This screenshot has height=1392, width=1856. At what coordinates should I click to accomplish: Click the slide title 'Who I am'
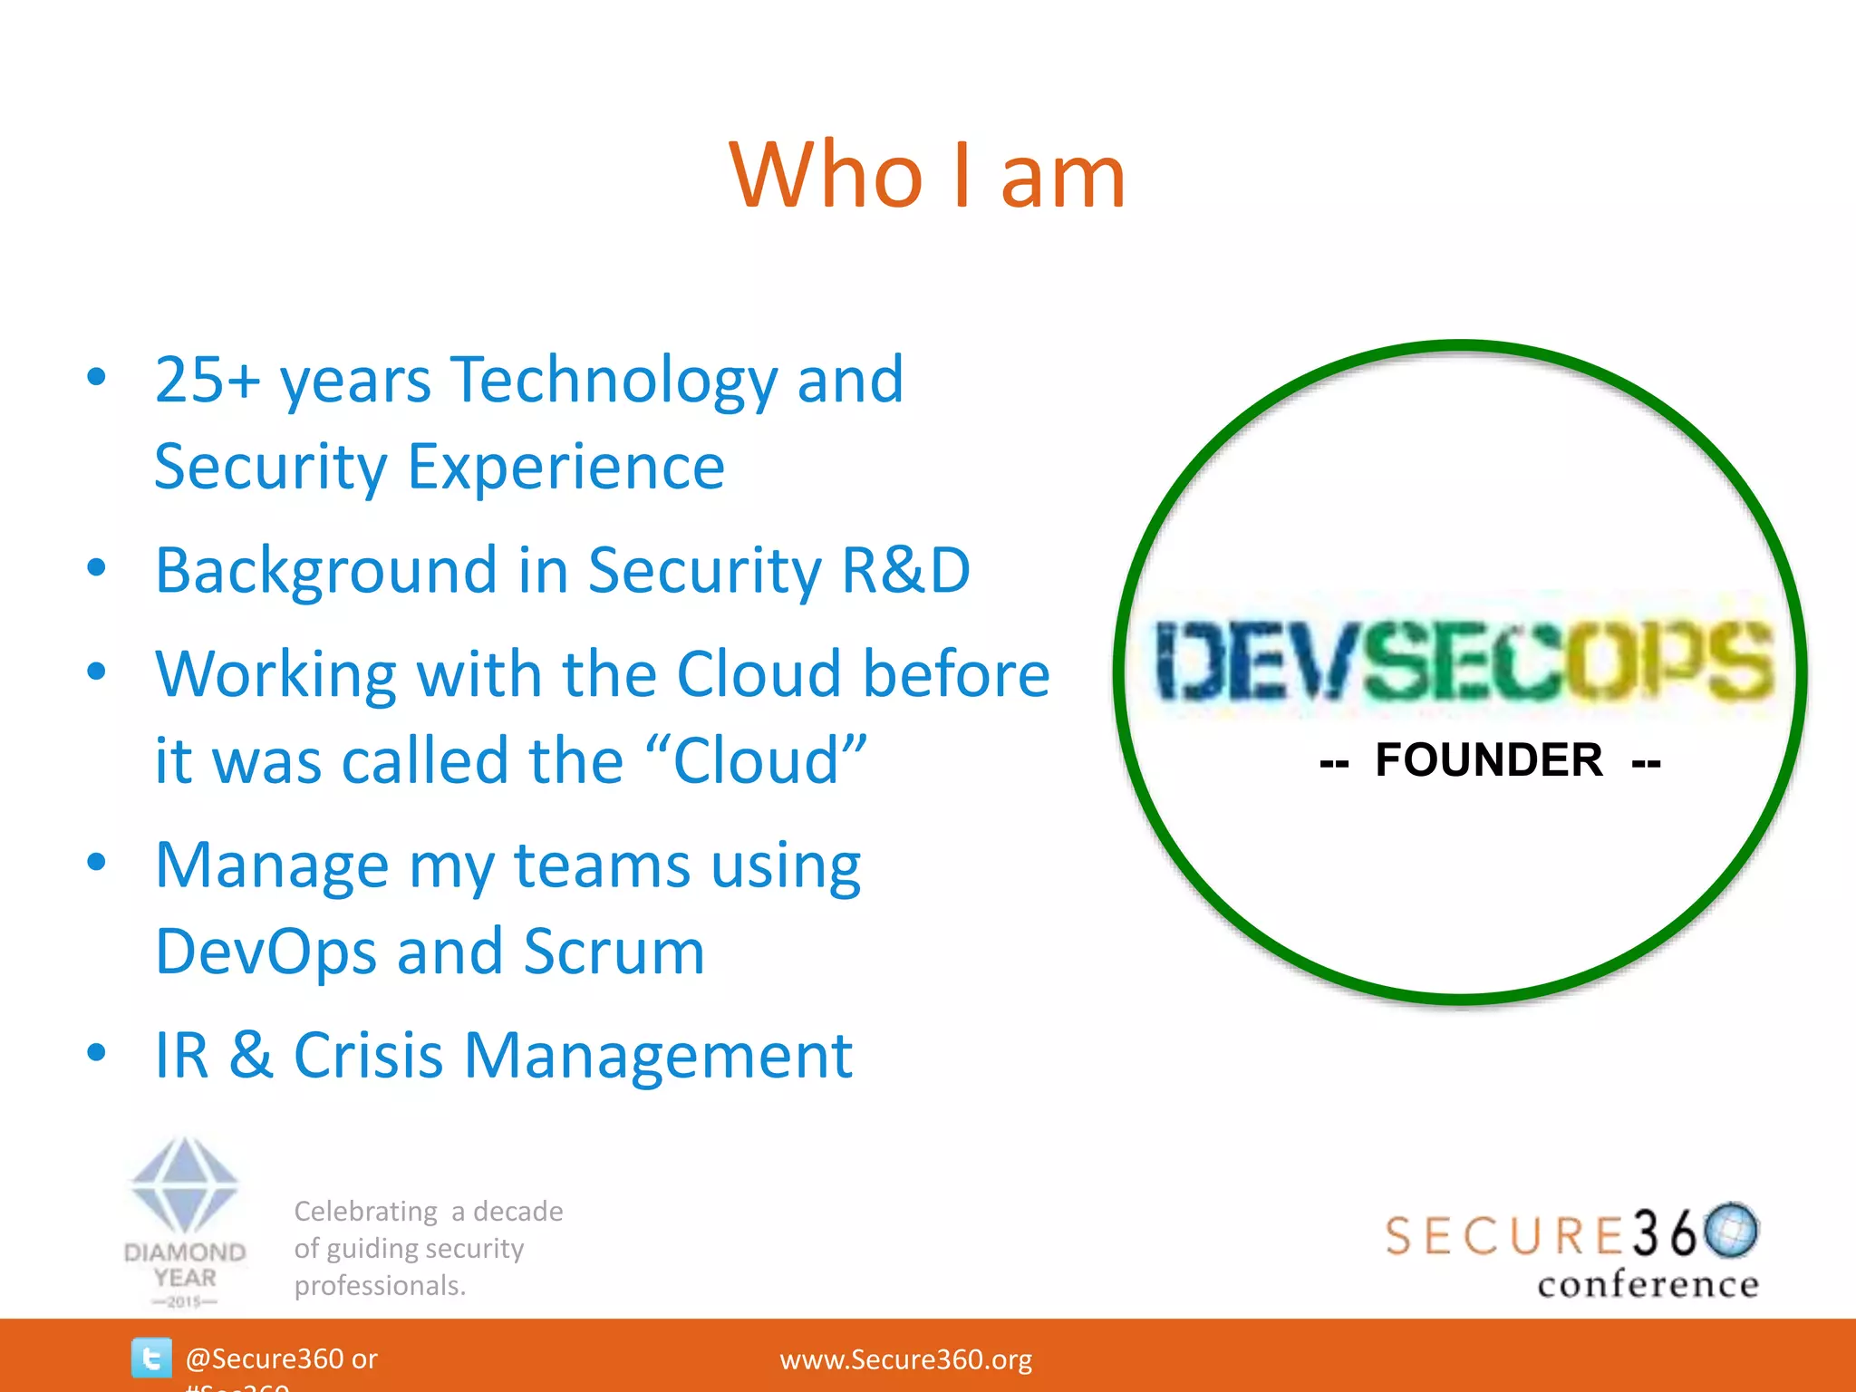tap(927, 176)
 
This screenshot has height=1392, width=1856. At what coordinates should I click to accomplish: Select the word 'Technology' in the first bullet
tap(614, 381)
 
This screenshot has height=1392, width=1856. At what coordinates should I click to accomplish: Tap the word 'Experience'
tap(565, 467)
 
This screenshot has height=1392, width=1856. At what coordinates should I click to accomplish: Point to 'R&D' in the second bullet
tap(905, 570)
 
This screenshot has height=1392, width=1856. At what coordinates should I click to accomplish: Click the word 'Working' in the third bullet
tap(275, 675)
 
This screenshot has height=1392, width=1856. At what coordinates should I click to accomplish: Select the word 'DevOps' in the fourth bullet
tap(266, 952)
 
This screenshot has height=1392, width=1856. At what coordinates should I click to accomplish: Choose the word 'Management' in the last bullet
tap(658, 1056)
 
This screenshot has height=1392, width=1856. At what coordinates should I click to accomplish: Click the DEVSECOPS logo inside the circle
tap(1463, 661)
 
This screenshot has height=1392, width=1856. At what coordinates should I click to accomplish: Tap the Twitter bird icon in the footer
tap(151, 1358)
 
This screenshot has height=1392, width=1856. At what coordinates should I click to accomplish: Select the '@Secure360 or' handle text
tap(281, 1358)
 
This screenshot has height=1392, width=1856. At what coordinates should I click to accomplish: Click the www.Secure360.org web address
tap(905, 1359)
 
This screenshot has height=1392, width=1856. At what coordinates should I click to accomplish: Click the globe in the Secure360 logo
tap(1731, 1230)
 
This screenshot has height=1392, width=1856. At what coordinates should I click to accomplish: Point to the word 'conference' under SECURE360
tap(1648, 1284)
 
